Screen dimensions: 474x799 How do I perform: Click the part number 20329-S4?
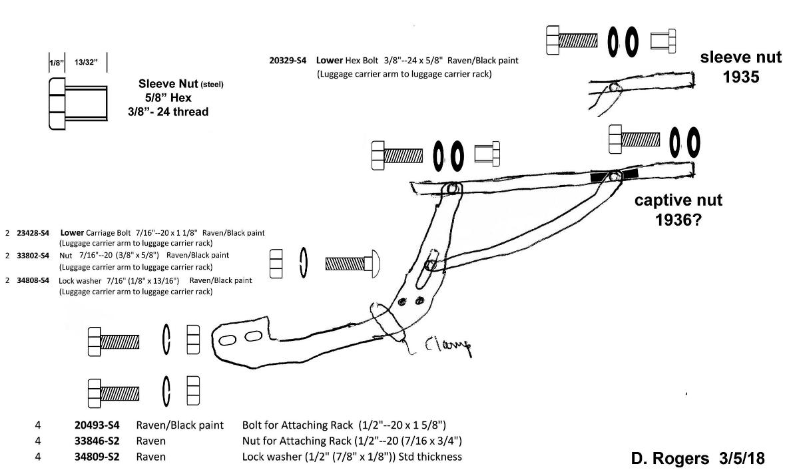[288, 61]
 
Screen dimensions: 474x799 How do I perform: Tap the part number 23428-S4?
[33, 233]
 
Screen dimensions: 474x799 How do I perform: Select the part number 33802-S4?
[33, 255]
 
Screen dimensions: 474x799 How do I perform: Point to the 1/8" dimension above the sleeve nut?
[55, 62]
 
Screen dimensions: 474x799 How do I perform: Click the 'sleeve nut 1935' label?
[740, 67]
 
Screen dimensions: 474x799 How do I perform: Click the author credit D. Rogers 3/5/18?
[697, 459]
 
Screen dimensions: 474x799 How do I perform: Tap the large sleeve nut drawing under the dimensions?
[77, 104]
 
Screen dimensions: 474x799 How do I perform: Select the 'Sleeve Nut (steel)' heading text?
[180, 85]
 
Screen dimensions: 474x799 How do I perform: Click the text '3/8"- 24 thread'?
[168, 112]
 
